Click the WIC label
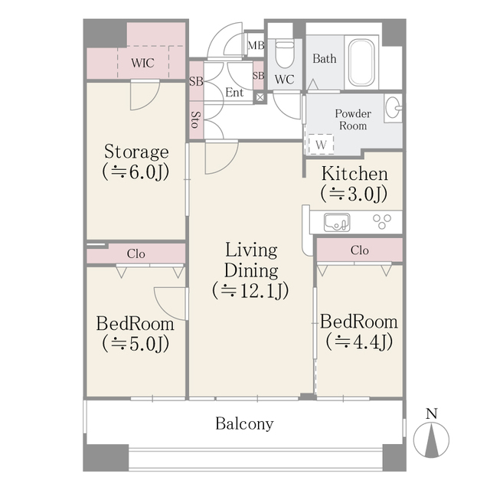pos(143,63)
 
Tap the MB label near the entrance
pos(255,45)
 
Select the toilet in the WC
pos(285,54)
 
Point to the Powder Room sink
pos(394,108)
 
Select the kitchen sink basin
pos(336,223)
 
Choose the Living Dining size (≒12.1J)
pos(250,291)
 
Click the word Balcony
pos(244,423)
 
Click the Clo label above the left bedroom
pos(136,253)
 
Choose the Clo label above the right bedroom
pos(359,250)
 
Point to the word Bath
pos(325,58)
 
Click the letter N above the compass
pos(431,414)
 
